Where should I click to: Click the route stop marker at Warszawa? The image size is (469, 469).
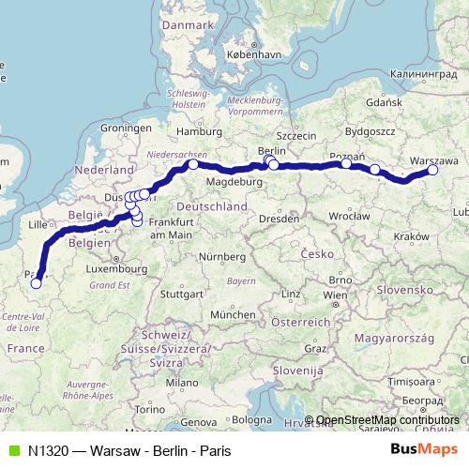point(433,171)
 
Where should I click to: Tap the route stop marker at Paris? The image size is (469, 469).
point(36,282)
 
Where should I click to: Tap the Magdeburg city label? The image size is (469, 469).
point(234,181)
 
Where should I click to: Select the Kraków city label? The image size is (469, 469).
point(412,237)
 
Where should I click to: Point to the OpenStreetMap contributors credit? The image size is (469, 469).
point(387,419)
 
